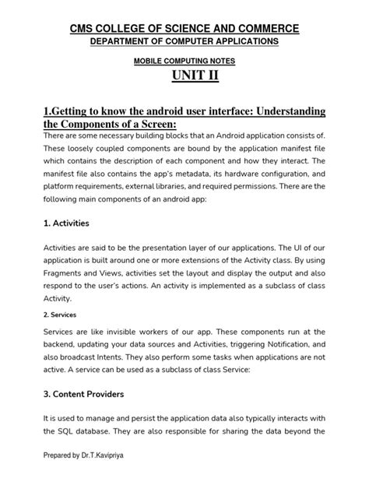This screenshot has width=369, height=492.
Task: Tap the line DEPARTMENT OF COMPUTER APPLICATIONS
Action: coord(184,40)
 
